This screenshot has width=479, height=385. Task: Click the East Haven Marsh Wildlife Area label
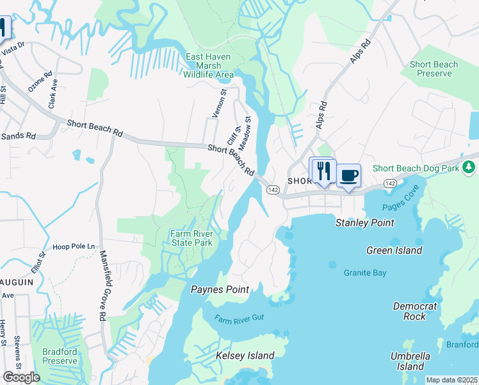pos(209,66)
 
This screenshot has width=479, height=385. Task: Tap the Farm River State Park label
pos(191,239)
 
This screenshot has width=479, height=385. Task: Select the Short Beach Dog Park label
pos(416,169)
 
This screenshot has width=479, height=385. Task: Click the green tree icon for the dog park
pos(469,167)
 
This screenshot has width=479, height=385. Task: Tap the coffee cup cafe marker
pos(349,176)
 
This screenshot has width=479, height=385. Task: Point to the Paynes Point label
pos(220,289)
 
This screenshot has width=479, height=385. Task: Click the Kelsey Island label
pos(245,355)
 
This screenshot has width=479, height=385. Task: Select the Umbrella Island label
pos(410,361)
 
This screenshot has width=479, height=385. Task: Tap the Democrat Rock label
pos(415,311)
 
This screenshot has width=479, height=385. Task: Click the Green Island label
pos(394,250)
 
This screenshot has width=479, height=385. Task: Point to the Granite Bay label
pos(365,273)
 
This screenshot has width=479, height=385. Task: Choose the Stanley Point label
pos(365,223)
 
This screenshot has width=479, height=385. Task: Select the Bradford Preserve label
pos(60,356)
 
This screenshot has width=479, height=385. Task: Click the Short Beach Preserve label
pos(434,69)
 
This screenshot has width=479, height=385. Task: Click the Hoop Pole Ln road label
pos(73,246)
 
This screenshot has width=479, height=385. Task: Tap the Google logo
pos(21,377)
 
